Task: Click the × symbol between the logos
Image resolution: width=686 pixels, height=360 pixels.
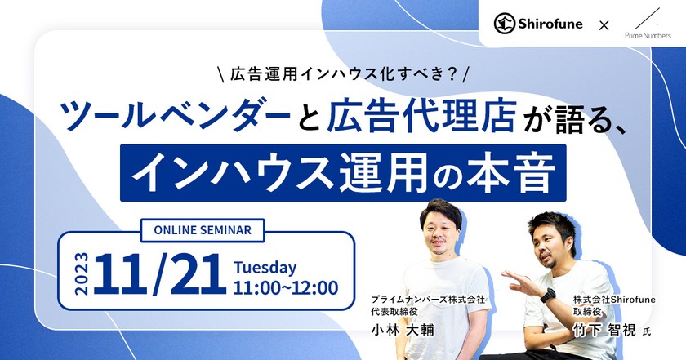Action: [x=604, y=25]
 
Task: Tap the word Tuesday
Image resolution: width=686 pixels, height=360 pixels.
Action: [x=265, y=267]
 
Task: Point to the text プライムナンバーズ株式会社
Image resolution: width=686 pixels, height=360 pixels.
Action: [x=428, y=300]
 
